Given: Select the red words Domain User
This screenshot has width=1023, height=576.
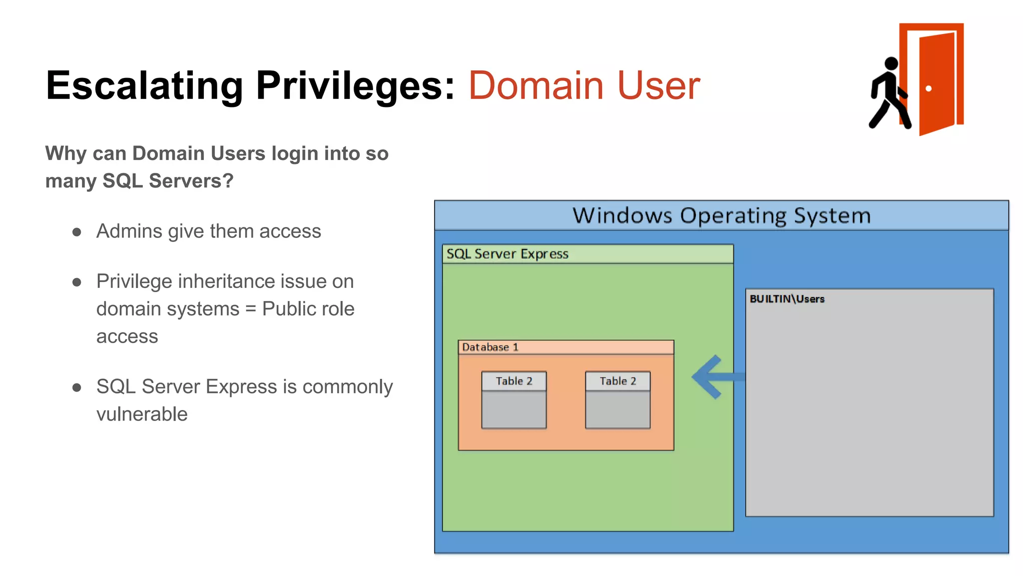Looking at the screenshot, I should (584, 86).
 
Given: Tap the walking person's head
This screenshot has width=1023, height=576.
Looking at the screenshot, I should (891, 63).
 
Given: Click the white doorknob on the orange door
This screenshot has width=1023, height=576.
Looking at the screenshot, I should (928, 88).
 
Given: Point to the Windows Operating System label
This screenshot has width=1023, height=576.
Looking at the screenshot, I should (721, 215).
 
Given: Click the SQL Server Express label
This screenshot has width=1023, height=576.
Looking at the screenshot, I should (507, 254).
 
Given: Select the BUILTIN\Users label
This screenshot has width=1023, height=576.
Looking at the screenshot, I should (787, 299).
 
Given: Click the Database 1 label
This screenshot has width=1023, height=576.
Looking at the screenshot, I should (490, 347).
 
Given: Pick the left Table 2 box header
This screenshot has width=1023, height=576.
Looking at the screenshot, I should (514, 381).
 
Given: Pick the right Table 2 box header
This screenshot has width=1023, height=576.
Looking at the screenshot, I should (618, 381).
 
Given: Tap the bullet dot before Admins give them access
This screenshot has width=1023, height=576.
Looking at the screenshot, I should (76, 232).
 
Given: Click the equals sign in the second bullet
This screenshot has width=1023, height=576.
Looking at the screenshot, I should (251, 309).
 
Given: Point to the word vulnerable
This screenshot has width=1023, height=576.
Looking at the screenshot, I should (142, 414).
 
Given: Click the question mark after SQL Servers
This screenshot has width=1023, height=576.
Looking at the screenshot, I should (228, 181).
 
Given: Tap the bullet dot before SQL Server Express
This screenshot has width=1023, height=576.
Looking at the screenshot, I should (76, 387).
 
